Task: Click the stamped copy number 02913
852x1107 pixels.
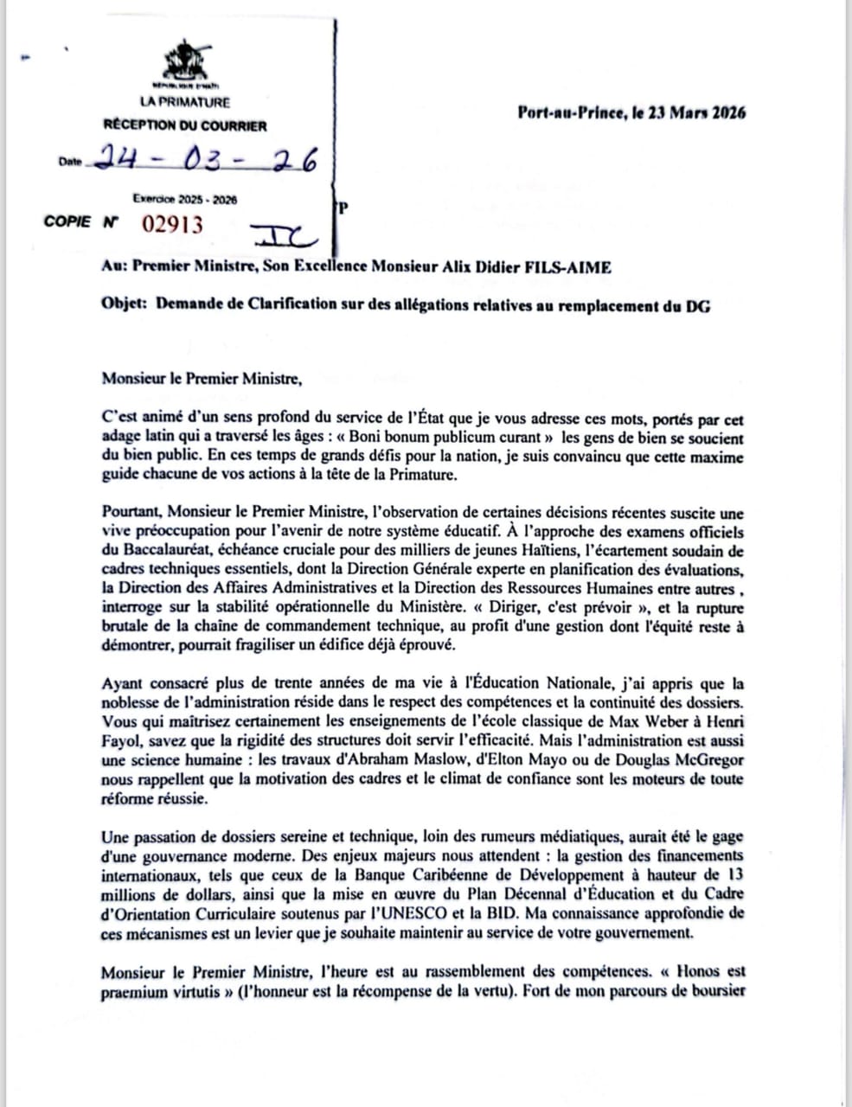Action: coord(173,225)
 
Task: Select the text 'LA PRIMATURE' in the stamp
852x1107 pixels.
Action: coord(184,102)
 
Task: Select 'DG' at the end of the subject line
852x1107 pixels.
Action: coord(699,305)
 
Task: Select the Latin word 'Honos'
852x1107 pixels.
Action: coord(706,971)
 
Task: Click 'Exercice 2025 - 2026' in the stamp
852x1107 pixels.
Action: coord(184,199)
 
